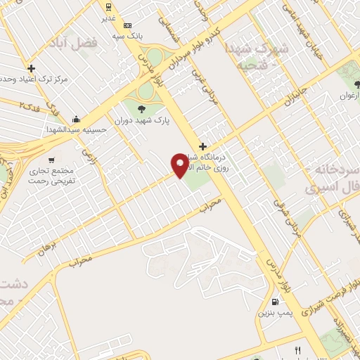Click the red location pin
tap(181, 165)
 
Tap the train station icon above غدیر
tap(108, 6)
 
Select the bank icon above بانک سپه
tap(127, 25)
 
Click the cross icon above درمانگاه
tap(202, 147)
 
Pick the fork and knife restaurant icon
tap(297, 351)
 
